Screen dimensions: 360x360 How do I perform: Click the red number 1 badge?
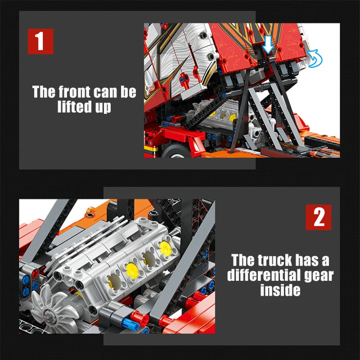tap(40, 41)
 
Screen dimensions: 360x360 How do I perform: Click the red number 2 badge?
tap(319, 217)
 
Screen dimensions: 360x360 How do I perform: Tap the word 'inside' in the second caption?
tap(280, 290)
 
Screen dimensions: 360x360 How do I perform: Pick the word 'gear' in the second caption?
tap(319, 276)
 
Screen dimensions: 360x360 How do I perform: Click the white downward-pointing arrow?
tap(268, 45)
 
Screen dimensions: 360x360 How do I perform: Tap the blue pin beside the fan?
tap(130, 324)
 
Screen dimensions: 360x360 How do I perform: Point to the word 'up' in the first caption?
tap(103, 107)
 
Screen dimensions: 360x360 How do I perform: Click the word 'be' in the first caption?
tap(129, 92)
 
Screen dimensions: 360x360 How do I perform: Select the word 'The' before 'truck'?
tap(243, 261)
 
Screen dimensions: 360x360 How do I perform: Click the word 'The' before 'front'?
tap(44, 92)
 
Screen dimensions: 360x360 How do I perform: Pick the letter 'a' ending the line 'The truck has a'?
tap(325, 262)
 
